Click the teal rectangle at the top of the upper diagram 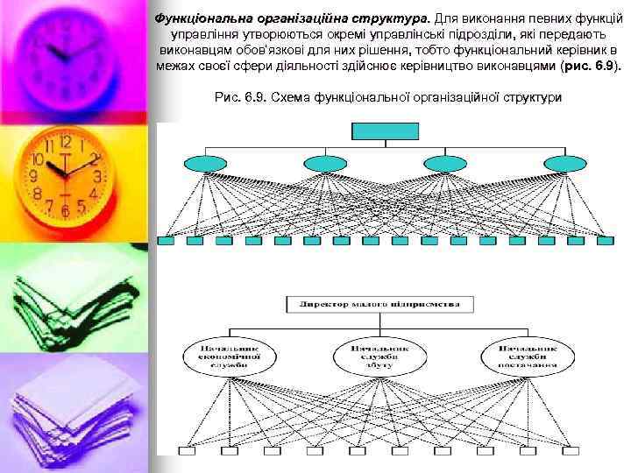376,131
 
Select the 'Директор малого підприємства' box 379,305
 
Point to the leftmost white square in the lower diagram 185,451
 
